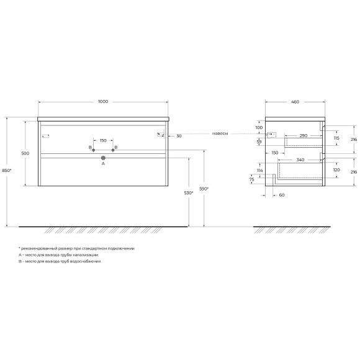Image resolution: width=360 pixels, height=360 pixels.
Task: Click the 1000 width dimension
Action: click(103, 101)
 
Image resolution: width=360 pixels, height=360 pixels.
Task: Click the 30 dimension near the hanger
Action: click(179, 136)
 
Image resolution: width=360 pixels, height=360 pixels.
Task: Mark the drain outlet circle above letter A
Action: click(104, 158)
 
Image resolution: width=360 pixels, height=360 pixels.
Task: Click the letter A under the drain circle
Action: click(104, 165)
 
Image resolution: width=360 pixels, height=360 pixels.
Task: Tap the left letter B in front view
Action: click(89, 147)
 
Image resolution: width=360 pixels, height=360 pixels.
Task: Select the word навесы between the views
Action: click(220, 133)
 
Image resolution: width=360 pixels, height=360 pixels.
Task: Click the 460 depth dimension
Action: click(295, 101)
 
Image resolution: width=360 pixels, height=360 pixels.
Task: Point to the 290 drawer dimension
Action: click(303, 135)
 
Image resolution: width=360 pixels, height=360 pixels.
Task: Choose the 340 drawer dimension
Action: click(300, 160)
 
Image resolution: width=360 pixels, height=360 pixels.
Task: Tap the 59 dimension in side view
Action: click(259, 142)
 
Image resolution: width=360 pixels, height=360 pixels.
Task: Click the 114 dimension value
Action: click(259, 171)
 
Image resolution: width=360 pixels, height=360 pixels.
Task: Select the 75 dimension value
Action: click(252, 180)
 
